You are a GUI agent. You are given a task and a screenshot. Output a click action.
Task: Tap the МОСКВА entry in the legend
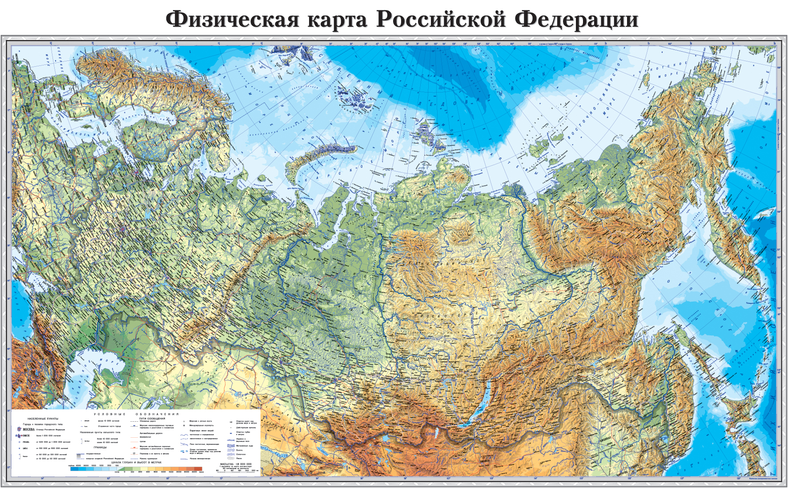coord(29,429)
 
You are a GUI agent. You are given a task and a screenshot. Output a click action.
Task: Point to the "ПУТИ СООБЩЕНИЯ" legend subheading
coord(152,419)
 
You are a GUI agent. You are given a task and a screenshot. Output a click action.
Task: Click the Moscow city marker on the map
coord(123,230)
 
